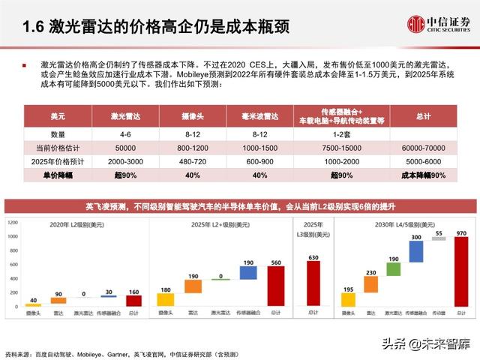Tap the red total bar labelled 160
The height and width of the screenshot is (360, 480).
point(134,300)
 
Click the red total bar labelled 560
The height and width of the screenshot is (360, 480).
point(276,286)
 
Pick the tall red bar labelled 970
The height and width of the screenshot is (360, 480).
point(460,270)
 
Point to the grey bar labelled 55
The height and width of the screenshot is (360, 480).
point(438,238)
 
